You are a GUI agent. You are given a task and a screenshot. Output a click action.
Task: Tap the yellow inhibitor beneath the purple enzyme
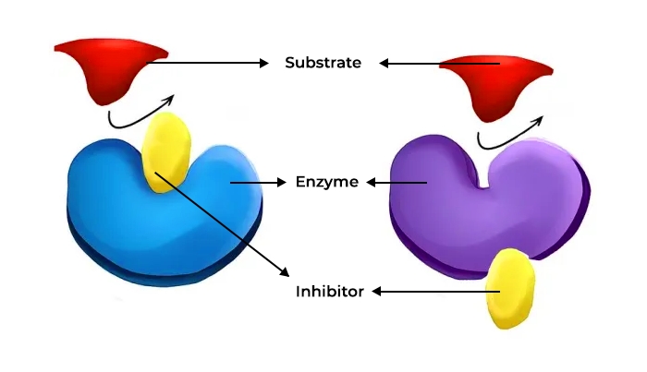click(x=510, y=288)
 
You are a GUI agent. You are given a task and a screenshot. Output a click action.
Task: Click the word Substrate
click(x=323, y=63)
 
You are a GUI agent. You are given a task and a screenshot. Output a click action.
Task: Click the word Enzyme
click(x=326, y=182)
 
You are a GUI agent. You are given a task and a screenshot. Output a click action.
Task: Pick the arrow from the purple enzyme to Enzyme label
click(x=397, y=183)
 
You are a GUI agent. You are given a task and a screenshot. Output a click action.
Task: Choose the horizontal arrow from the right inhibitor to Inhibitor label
click(x=434, y=292)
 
